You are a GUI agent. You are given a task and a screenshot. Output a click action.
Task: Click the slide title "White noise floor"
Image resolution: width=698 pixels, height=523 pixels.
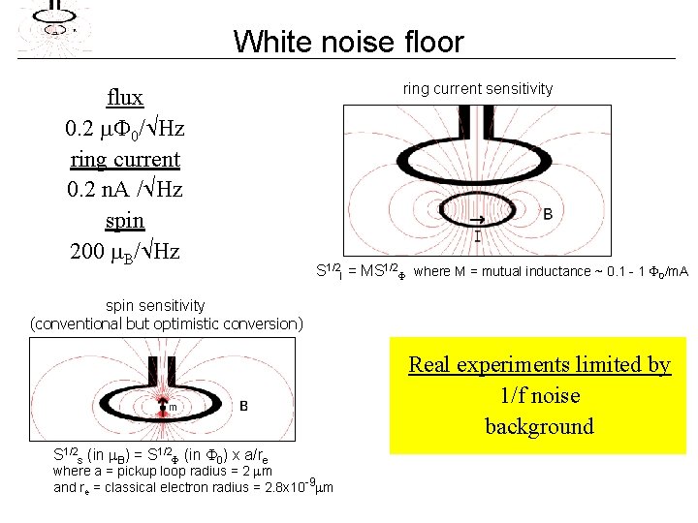349,42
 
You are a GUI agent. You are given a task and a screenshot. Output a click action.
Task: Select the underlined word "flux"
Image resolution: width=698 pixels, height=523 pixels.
125,97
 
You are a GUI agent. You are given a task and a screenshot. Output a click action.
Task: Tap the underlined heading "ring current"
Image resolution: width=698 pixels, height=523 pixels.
125,159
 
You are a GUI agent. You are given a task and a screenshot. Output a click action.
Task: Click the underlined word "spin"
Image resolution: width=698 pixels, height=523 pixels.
125,221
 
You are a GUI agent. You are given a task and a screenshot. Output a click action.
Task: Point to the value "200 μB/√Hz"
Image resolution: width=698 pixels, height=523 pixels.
125,252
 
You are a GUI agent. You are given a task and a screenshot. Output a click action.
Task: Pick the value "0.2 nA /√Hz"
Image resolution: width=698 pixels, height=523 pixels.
125,190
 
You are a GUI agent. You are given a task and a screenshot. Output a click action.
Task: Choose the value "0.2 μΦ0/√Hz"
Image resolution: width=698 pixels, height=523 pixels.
125,128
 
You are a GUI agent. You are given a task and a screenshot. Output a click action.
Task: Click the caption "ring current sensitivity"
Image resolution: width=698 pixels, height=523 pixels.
478,88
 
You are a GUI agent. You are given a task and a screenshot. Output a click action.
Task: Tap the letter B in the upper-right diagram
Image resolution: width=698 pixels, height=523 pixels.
548,213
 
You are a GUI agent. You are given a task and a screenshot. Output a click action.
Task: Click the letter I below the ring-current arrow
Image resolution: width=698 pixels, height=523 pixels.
477,235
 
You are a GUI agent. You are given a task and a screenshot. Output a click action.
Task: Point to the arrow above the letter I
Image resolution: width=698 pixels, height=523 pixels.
477,221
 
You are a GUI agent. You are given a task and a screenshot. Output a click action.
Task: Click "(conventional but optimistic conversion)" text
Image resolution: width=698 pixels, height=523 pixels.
167,323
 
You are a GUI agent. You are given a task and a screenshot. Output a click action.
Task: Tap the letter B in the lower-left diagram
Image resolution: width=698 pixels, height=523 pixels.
243,406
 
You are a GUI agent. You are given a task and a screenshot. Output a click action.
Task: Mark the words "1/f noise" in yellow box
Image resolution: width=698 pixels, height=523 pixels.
539,395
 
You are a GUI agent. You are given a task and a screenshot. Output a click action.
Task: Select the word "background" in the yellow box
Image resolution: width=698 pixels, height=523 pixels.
539,426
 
